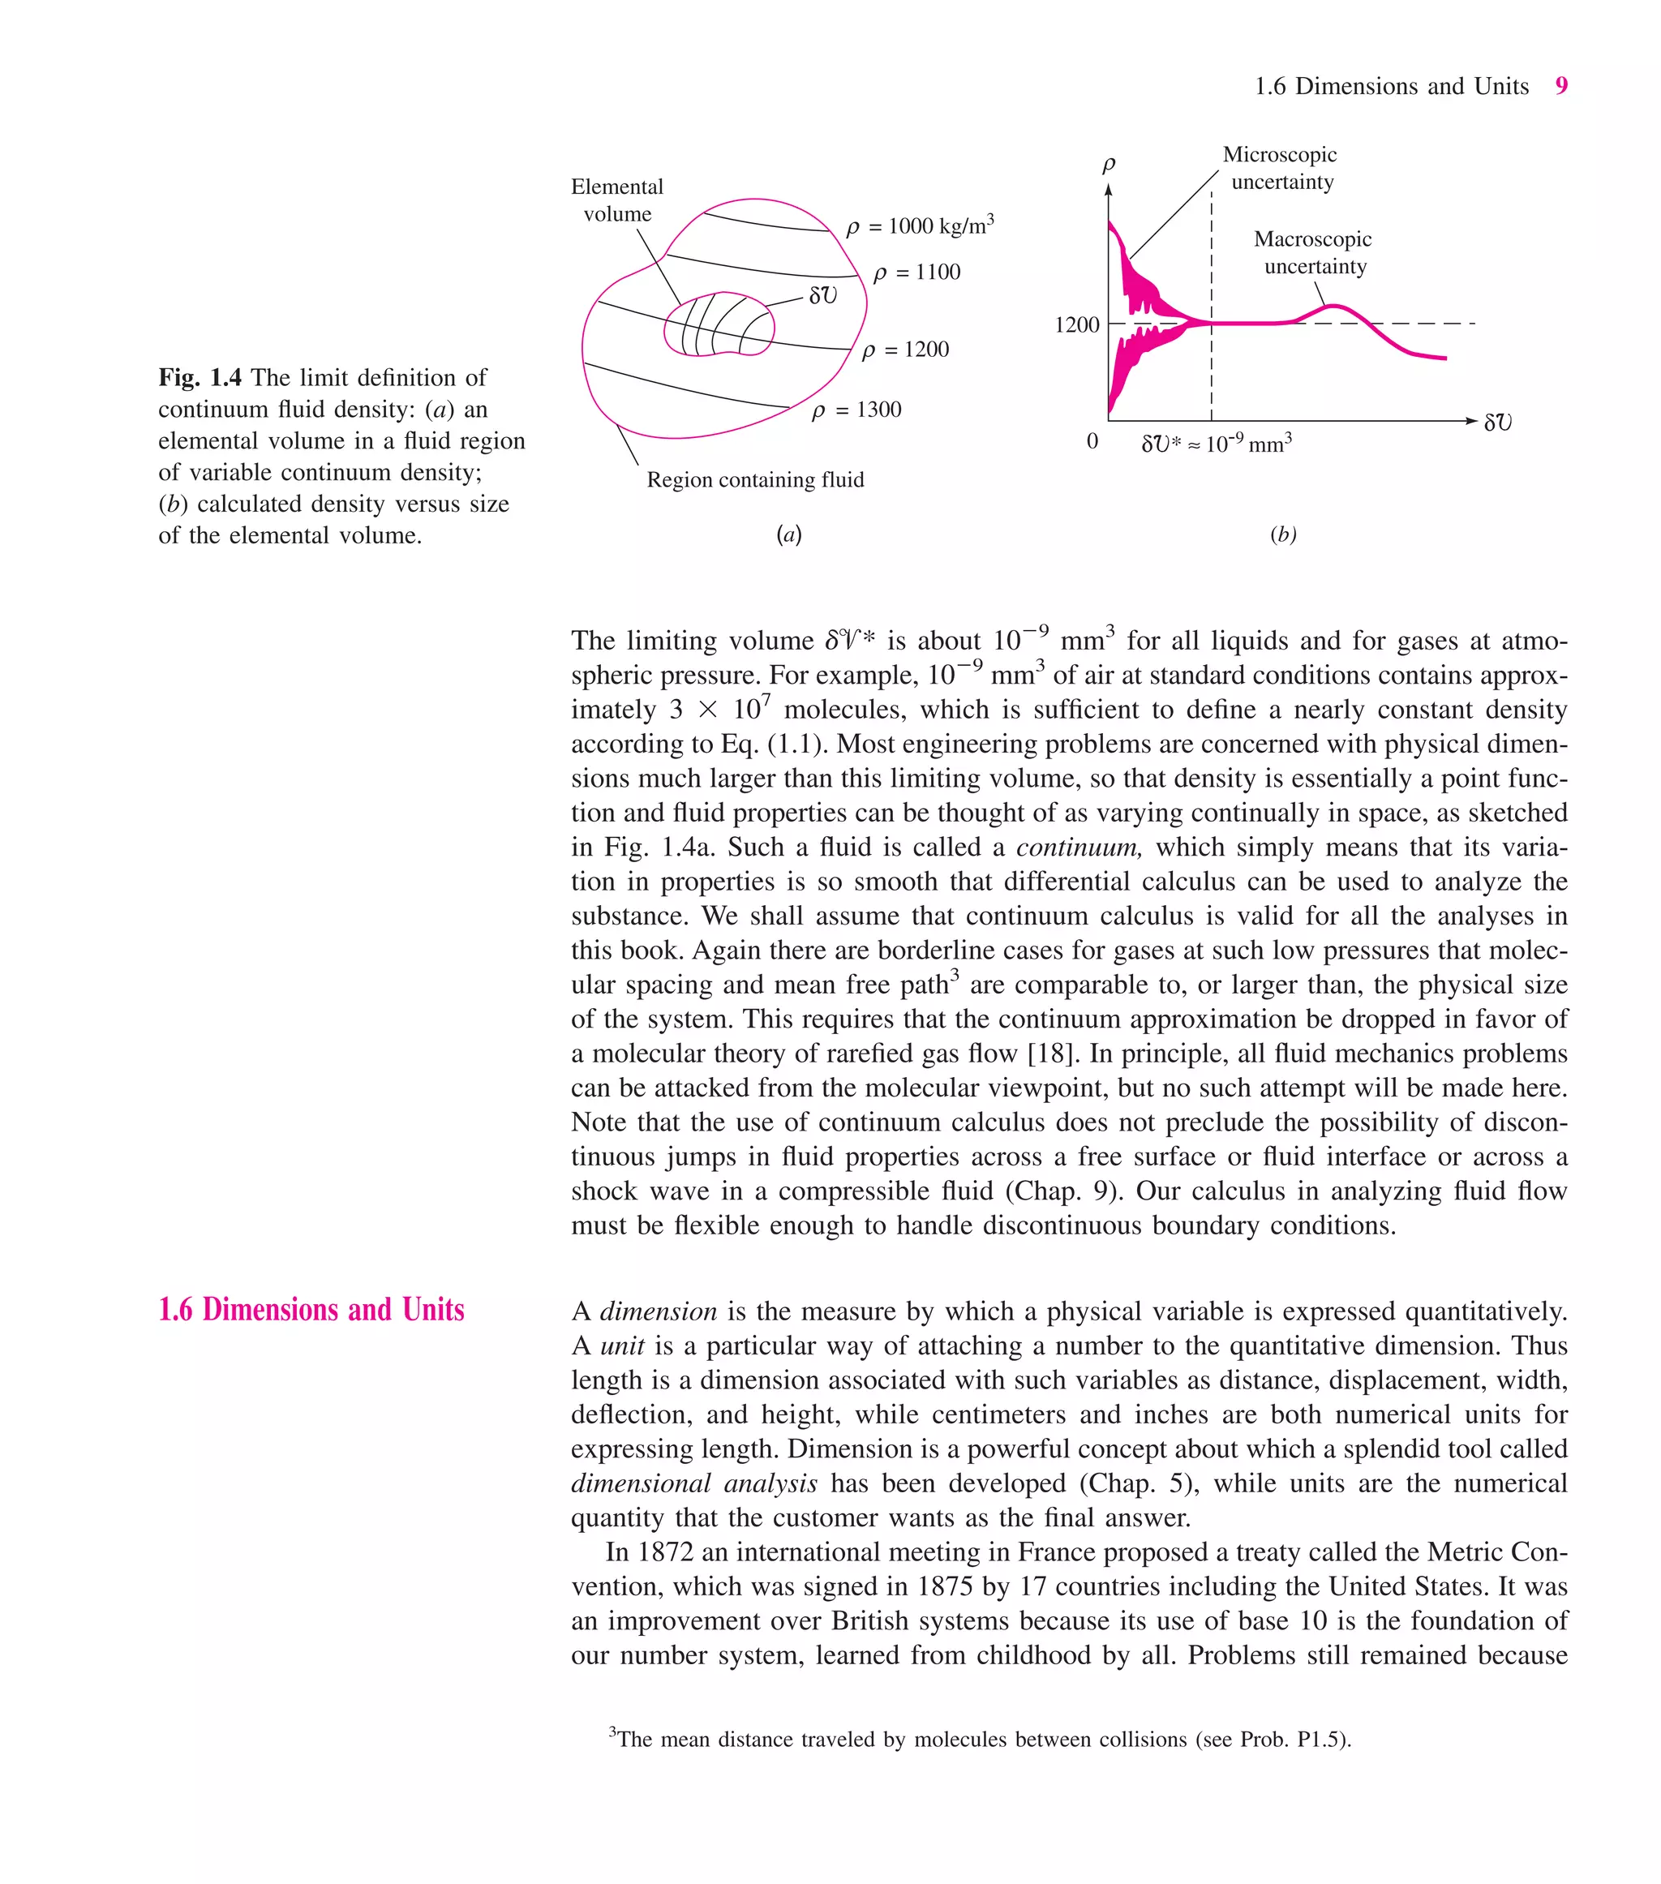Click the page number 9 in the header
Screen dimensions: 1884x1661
pos(1560,86)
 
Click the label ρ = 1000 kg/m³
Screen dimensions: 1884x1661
pos(919,225)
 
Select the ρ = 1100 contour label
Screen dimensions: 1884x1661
pos(916,273)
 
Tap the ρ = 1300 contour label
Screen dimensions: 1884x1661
pos(856,410)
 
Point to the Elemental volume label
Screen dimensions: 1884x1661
pos(616,200)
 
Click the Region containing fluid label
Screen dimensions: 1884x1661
pos(755,480)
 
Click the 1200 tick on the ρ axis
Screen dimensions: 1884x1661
pos(1076,325)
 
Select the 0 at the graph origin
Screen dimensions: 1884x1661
pos(1092,441)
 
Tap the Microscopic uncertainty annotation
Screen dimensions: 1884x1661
pos(1281,168)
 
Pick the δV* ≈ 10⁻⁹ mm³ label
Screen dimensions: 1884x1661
pos(1216,444)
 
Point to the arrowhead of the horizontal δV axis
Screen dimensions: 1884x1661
pos(1471,421)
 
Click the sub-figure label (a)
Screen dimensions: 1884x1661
pos(788,534)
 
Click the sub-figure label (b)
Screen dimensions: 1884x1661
pos(1282,534)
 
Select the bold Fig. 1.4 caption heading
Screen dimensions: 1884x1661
pos(200,378)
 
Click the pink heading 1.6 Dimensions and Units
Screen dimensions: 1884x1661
pos(311,1310)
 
